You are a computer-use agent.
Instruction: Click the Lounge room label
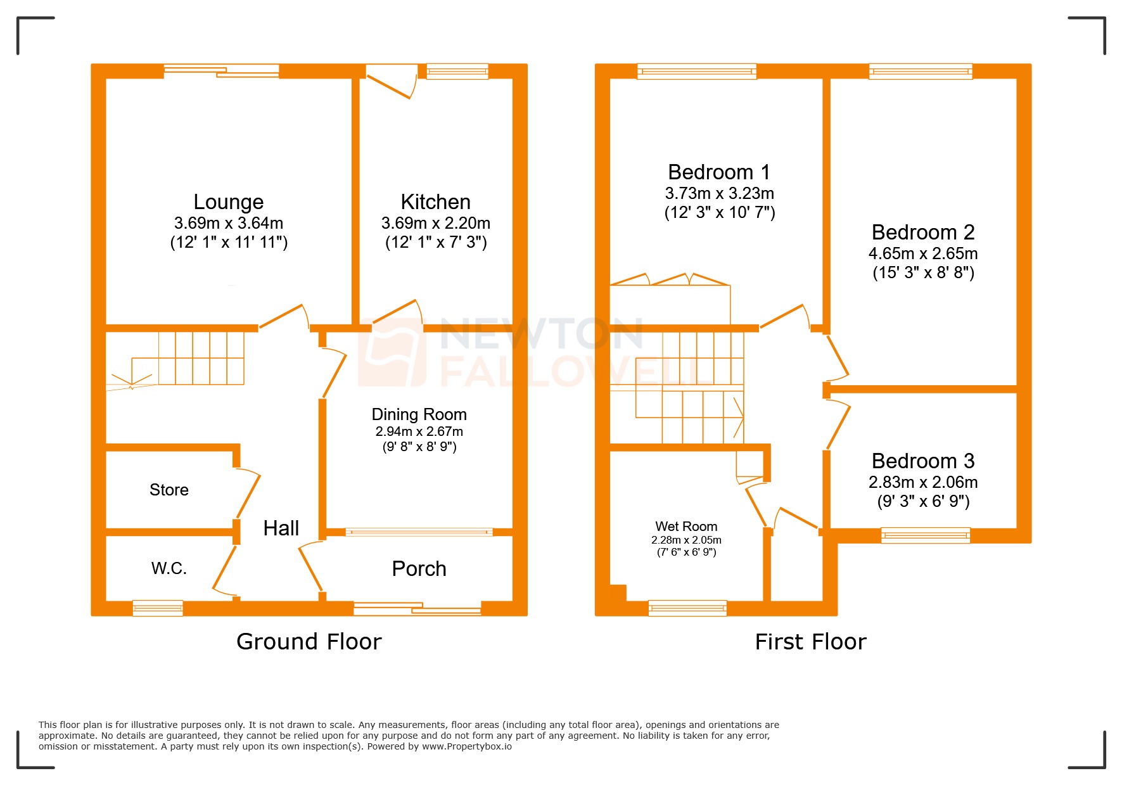click(228, 202)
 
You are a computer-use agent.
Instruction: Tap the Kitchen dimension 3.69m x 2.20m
click(435, 223)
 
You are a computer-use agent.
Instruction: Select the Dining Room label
click(419, 414)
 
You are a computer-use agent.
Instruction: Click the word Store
click(169, 490)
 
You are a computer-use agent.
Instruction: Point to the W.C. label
click(169, 568)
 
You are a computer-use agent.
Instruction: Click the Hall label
click(281, 528)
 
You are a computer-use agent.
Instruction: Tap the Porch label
click(419, 569)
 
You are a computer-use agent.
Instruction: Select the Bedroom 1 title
click(718, 172)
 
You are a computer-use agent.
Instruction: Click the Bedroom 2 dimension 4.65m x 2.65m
click(922, 253)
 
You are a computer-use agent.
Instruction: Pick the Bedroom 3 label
click(922, 461)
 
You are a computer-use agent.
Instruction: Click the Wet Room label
click(686, 527)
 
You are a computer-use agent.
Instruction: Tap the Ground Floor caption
click(309, 642)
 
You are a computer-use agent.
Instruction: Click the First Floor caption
click(810, 642)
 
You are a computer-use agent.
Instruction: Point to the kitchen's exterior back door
click(390, 82)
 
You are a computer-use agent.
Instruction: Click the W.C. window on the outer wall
click(158, 608)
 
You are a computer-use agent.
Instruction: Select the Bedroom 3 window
click(925, 535)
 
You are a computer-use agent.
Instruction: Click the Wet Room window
click(687, 608)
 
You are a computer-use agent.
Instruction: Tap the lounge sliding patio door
click(221, 71)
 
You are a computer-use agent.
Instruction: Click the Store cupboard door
click(248, 494)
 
